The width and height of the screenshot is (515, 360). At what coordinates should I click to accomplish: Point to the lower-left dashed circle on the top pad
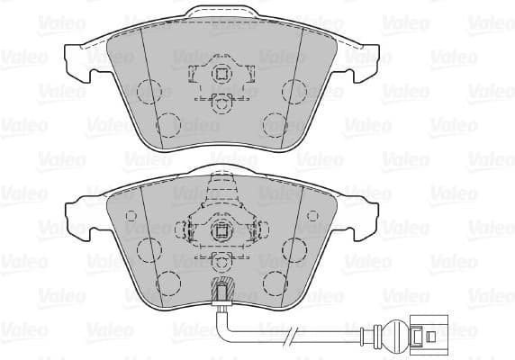pyautogui.click(x=169, y=123)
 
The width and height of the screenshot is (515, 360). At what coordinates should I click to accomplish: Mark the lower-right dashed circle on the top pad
pyautogui.click(x=273, y=123)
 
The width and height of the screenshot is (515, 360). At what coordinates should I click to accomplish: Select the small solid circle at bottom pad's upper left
pyautogui.click(x=131, y=215)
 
